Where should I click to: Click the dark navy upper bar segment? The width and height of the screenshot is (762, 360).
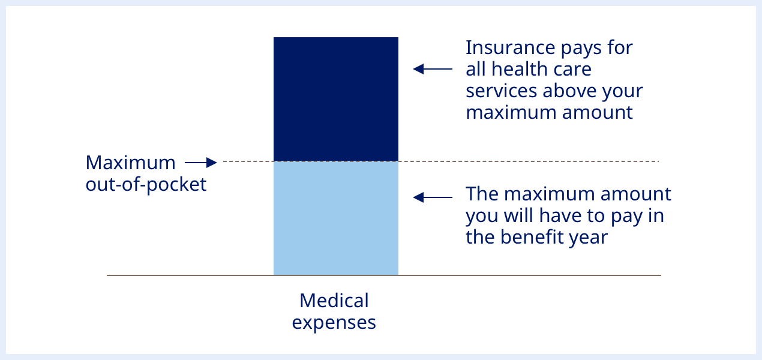tap(335, 99)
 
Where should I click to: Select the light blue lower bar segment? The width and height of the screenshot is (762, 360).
tap(335, 218)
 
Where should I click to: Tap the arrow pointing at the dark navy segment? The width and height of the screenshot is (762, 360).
tap(432, 69)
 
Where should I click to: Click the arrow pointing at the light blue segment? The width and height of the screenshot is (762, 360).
tap(432, 197)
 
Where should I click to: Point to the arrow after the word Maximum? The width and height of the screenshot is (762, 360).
tap(200, 163)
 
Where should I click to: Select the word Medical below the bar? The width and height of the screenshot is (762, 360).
tap(334, 300)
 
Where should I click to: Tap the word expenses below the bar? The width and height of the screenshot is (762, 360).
tap(334, 322)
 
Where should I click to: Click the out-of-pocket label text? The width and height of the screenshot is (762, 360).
tap(146, 184)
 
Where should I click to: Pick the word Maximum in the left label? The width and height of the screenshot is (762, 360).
tap(131, 163)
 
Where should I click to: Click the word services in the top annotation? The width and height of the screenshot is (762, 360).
tap(502, 91)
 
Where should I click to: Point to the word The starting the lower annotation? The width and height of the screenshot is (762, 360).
tap(482, 194)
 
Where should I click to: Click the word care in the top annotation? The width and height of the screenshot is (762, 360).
tap(572, 69)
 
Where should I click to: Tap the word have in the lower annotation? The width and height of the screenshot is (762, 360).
tap(562, 215)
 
